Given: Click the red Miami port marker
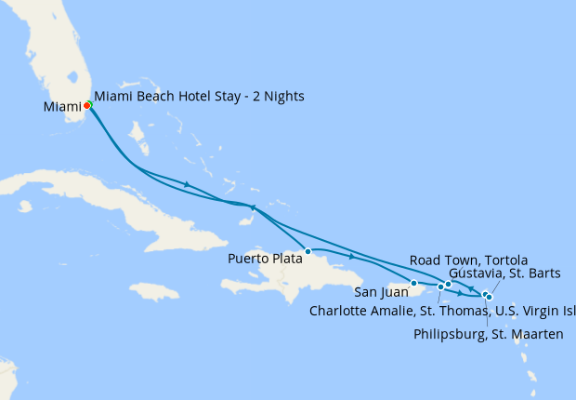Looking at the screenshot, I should point(86,105).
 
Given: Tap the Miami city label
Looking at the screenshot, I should point(62,107).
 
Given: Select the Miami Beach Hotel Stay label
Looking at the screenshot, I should point(199,97).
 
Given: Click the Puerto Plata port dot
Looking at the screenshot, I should point(307,250).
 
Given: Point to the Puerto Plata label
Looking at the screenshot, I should point(265,260).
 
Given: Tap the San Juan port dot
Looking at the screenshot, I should point(413,283).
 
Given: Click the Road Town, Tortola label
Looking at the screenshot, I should point(469,260).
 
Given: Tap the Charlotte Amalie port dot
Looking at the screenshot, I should point(440,287).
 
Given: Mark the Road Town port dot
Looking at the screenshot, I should point(448,284).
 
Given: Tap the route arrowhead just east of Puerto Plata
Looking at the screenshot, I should point(351,257).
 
